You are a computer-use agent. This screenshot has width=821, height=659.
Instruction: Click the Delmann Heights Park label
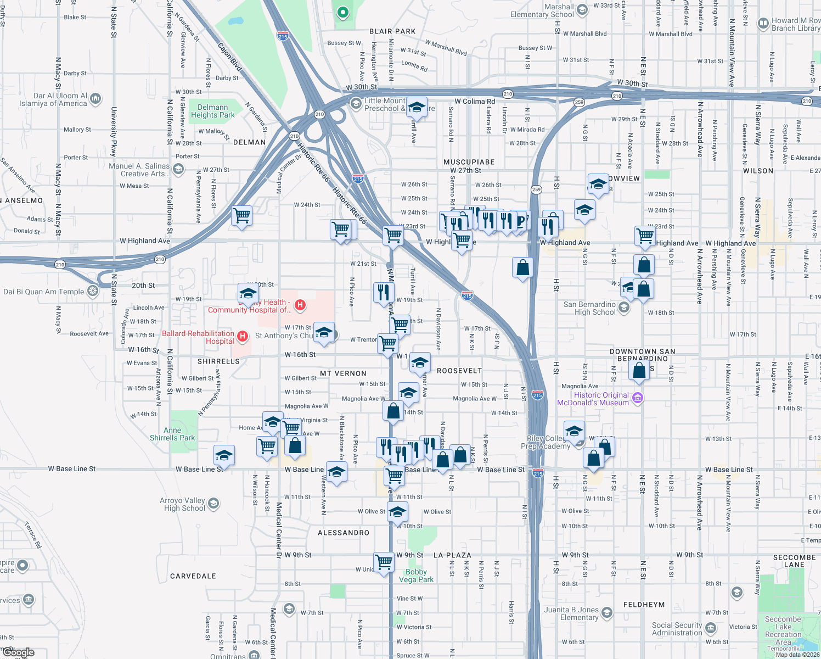tap(212, 111)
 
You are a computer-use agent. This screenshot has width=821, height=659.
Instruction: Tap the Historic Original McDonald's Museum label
tap(593, 399)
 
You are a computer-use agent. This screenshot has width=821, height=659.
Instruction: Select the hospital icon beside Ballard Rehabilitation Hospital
tap(243, 336)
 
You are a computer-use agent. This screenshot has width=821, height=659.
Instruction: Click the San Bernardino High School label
tap(589, 308)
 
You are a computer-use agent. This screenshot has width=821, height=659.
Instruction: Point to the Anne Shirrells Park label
tap(172, 434)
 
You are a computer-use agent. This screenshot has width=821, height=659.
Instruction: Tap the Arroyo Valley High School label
tap(182, 504)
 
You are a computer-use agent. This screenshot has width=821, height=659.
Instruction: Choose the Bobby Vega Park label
tap(416, 576)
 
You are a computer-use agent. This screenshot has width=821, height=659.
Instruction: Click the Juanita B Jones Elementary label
tap(571, 613)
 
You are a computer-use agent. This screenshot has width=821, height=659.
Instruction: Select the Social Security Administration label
tap(677, 629)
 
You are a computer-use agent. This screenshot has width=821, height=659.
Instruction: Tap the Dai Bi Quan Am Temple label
tap(44, 292)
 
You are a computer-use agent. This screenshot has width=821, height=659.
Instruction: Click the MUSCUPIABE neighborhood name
tap(469, 162)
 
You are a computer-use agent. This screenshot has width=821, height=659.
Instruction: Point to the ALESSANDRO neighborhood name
tap(344, 533)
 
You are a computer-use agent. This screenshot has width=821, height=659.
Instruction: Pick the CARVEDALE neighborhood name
tap(193, 576)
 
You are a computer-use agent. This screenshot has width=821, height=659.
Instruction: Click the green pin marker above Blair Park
tap(343, 12)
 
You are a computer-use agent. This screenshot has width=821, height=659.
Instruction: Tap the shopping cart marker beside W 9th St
tap(384, 562)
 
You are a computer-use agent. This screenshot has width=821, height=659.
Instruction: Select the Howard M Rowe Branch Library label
tap(795, 24)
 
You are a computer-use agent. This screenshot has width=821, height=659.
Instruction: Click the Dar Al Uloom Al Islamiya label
tap(53, 99)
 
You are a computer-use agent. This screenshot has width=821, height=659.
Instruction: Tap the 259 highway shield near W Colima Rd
tap(579, 102)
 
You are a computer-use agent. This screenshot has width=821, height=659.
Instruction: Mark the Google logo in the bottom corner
tap(19, 652)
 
